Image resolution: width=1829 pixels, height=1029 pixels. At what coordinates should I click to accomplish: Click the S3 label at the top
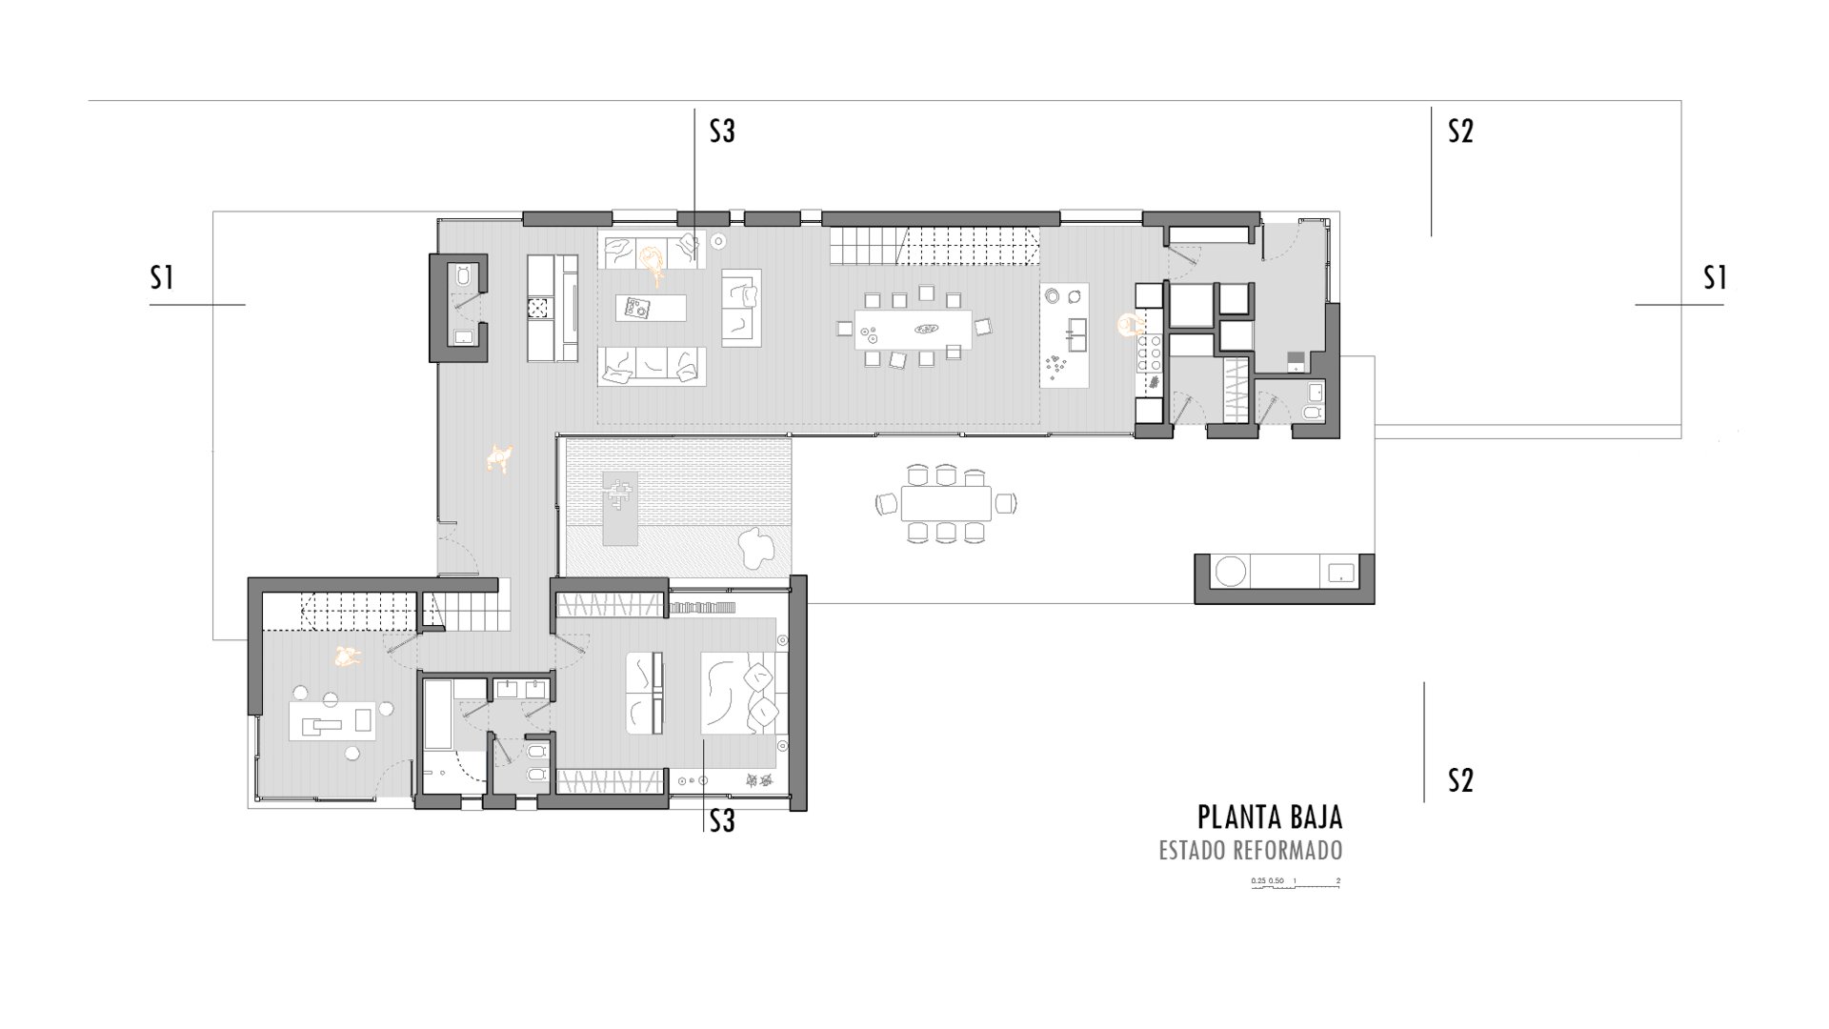(722, 131)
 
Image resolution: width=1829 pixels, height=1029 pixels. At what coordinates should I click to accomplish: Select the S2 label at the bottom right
(1460, 780)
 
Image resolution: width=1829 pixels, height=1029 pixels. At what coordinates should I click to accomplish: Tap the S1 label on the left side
(162, 277)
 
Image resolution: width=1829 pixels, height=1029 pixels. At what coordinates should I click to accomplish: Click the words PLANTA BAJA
(1270, 817)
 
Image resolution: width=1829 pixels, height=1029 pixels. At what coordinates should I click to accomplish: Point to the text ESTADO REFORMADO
(1251, 850)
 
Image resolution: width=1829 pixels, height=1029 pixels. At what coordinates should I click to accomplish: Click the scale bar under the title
(1296, 883)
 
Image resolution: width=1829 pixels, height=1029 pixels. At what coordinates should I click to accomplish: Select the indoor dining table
(914, 330)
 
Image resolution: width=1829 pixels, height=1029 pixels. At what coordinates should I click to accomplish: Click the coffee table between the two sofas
(651, 308)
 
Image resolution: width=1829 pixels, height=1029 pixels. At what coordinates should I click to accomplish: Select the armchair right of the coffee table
(742, 308)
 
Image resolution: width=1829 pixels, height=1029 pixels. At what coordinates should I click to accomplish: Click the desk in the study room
(332, 718)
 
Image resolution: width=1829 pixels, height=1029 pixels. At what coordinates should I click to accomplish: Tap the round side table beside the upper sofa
(717, 241)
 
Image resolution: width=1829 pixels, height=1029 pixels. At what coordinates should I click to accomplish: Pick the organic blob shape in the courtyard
(760, 548)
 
